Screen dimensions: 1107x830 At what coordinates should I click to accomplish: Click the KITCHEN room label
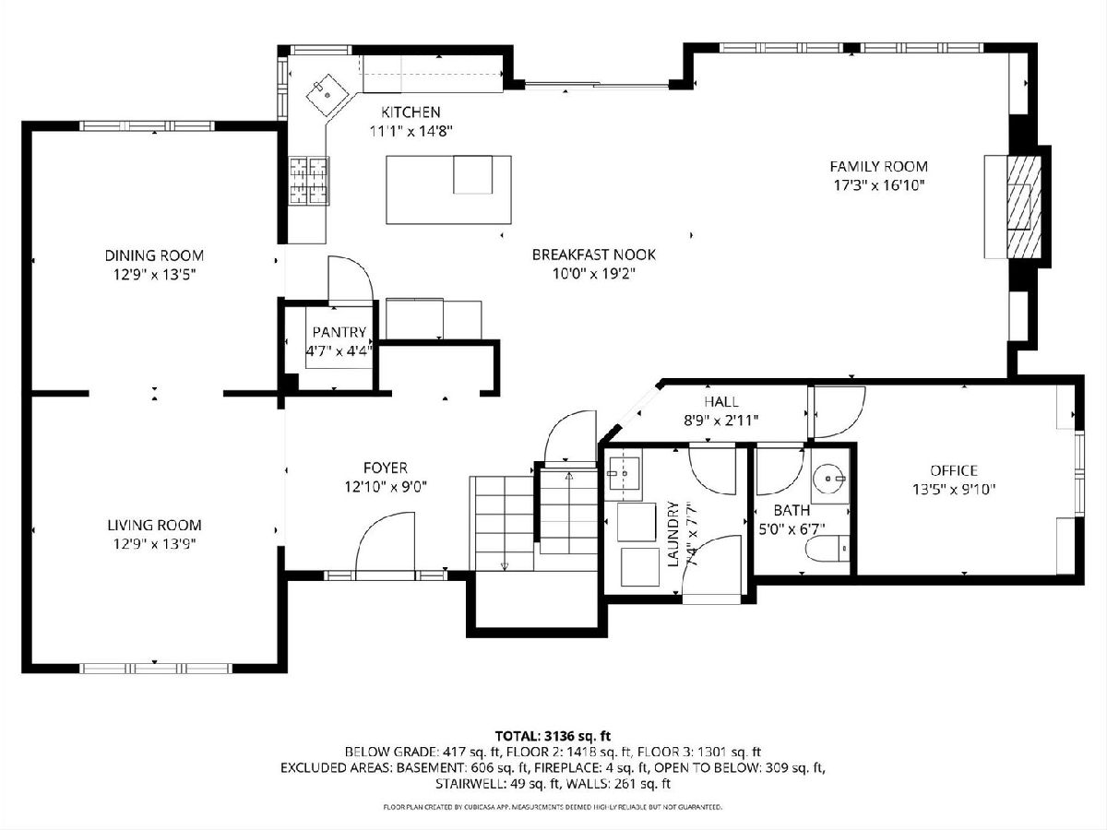pos(411,112)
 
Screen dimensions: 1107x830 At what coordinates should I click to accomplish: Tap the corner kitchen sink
pos(327,95)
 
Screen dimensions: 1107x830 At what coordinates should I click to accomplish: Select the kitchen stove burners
pos(309,181)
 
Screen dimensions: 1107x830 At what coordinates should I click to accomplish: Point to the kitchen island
pos(448,189)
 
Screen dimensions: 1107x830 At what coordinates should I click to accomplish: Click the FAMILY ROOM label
pos(878,166)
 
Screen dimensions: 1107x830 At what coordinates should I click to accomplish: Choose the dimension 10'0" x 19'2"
pos(593,274)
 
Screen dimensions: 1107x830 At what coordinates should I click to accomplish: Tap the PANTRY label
pos(339,332)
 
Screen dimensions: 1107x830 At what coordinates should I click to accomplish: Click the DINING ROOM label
pos(154,255)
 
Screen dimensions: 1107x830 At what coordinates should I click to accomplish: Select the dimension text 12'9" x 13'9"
pos(154,544)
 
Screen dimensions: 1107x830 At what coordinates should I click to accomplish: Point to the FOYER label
pos(386,468)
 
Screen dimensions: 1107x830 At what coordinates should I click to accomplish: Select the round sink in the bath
pos(830,479)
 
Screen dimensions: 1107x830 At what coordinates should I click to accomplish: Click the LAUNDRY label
pos(673,534)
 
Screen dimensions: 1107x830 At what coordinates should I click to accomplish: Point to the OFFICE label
pos(954,470)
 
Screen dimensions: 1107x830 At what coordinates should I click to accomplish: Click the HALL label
pos(721,402)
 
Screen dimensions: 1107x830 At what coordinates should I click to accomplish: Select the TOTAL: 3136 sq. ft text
pos(553,736)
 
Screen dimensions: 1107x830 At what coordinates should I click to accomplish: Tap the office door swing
pos(838,411)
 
